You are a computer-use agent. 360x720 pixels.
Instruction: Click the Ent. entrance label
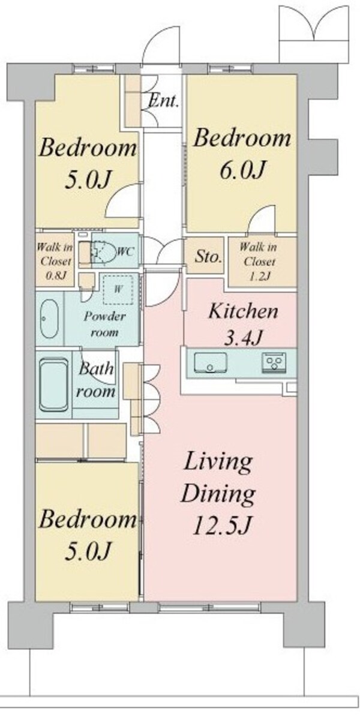pos(163,101)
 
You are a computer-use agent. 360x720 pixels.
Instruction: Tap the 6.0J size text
pos(243,169)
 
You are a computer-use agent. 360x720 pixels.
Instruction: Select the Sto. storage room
pos(204,256)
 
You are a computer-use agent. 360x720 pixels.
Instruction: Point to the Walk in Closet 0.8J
pos(55,260)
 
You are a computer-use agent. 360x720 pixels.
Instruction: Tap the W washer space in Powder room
pos(118,289)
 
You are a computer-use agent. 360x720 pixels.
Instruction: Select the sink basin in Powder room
pos(50,319)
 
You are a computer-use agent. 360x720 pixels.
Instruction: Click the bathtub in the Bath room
pos(53,385)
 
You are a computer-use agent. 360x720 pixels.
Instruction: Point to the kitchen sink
pos(210,362)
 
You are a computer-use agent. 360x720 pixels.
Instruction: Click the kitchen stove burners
pos(275,363)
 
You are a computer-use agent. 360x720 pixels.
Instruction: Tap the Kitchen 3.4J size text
pos(243,337)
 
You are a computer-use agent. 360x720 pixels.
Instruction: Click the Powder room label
pos(104,324)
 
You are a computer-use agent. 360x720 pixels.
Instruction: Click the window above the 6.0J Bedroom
pos(230,68)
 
